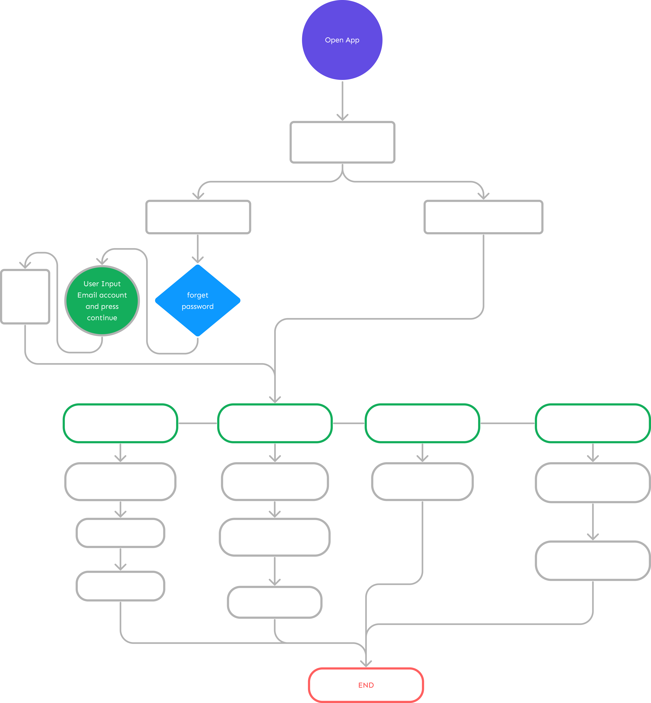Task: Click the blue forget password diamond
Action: click(198, 300)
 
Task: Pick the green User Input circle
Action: click(102, 301)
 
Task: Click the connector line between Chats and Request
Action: click(507, 423)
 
